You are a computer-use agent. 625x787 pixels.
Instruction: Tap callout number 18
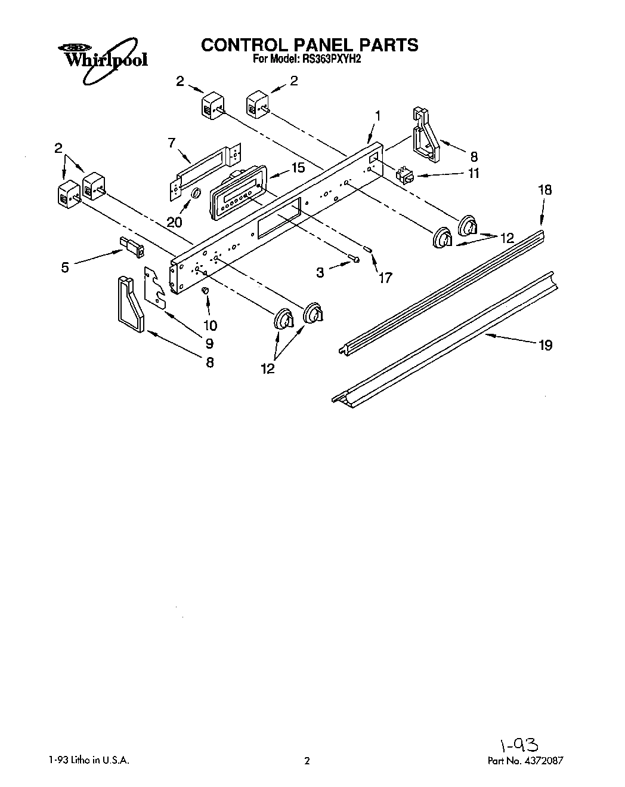click(x=545, y=190)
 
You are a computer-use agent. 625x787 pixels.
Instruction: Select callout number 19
click(x=545, y=345)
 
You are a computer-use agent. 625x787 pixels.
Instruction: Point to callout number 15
click(x=298, y=168)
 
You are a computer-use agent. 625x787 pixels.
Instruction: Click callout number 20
click(x=174, y=222)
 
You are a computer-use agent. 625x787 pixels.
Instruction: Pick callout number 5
click(x=65, y=267)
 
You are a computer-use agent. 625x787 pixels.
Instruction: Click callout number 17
click(x=385, y=277)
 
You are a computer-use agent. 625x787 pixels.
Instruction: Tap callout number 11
click(x=474, y=174)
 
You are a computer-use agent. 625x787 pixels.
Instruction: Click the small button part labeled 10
click(x=205, y=290)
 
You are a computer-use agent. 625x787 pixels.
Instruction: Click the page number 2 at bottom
click(x=307, y=761)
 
